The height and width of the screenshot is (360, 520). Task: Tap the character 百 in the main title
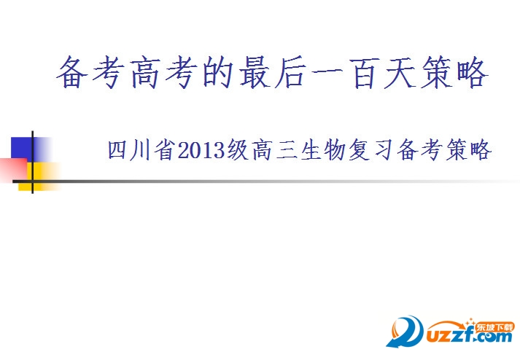coord(367,74)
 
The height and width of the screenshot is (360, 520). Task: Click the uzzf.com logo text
coord(467,337)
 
